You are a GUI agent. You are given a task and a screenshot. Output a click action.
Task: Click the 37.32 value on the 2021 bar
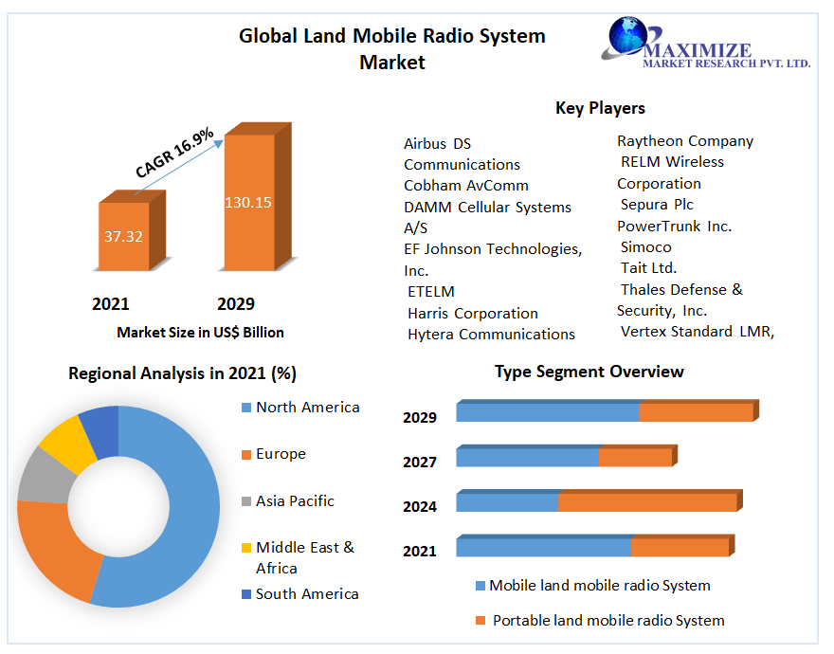click(123, 236)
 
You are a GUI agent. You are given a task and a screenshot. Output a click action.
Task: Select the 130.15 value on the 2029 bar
click(247, 202)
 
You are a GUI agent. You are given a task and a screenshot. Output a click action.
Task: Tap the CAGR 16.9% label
click(174, 153)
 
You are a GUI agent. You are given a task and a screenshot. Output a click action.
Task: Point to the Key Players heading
click(600, 108)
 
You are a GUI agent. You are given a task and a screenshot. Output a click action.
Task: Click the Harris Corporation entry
click(472, 313)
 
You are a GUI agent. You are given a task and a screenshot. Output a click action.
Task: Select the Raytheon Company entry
click(685, 141)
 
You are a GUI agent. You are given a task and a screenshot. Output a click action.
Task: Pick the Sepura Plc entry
click(657, 205)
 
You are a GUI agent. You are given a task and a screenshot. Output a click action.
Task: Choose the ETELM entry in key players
click(430, 292)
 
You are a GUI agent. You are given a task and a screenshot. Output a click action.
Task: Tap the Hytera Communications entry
click(491, 334)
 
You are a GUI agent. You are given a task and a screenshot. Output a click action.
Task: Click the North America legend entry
click(307, 408)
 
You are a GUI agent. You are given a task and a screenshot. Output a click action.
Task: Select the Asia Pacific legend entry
click(295, 500)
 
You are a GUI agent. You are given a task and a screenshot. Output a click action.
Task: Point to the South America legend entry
click(307, 593)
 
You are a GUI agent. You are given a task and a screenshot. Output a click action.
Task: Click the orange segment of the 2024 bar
click(646, 502)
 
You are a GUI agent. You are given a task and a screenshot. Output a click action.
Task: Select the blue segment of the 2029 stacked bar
click(547, 412)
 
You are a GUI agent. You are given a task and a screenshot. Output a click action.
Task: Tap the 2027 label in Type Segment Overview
click(419, 462)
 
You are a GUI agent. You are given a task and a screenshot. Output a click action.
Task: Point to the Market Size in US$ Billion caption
click(200, 333)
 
